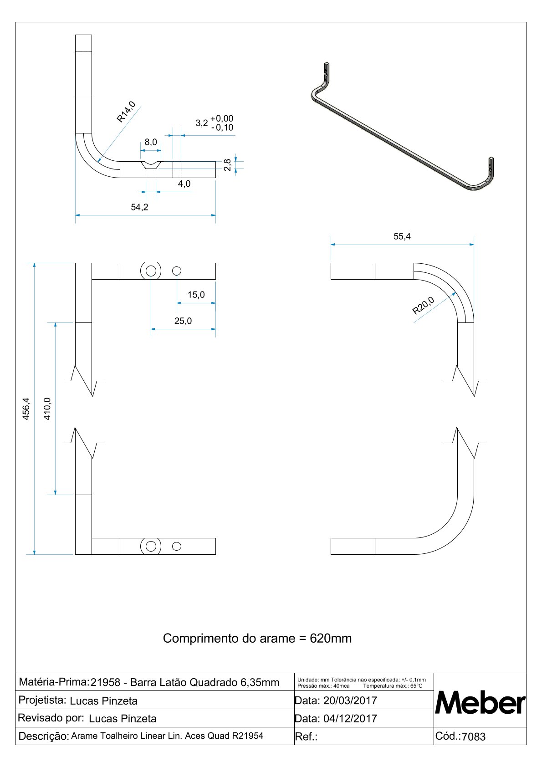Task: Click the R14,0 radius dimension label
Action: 126,112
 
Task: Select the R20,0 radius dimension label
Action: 423,306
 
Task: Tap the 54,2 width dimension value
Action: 139,207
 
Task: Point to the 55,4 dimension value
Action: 402,236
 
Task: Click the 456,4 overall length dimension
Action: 26,409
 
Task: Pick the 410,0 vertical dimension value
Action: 47,409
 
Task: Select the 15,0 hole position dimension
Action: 196,295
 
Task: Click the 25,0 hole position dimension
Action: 183,321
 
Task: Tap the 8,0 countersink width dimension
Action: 151,142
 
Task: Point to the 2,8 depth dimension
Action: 228,164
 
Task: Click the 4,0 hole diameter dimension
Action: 184,184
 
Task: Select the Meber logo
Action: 480,703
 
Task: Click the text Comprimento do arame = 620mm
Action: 257,638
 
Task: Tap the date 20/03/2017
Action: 350,701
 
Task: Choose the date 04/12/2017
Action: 350,719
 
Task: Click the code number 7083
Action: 474,736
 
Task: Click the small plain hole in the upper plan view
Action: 177,271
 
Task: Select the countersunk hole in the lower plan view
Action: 151,546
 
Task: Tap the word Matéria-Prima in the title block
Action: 53,682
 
